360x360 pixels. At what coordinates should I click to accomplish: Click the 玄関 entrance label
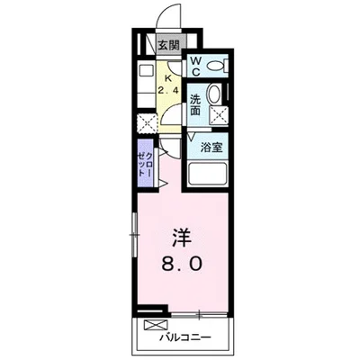tap(169, 44)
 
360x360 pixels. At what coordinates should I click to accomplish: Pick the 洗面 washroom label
tap(195, 103)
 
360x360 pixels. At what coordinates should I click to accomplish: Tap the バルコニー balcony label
tap(186, 340)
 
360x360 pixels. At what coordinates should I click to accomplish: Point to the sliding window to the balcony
tap(194, 314)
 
